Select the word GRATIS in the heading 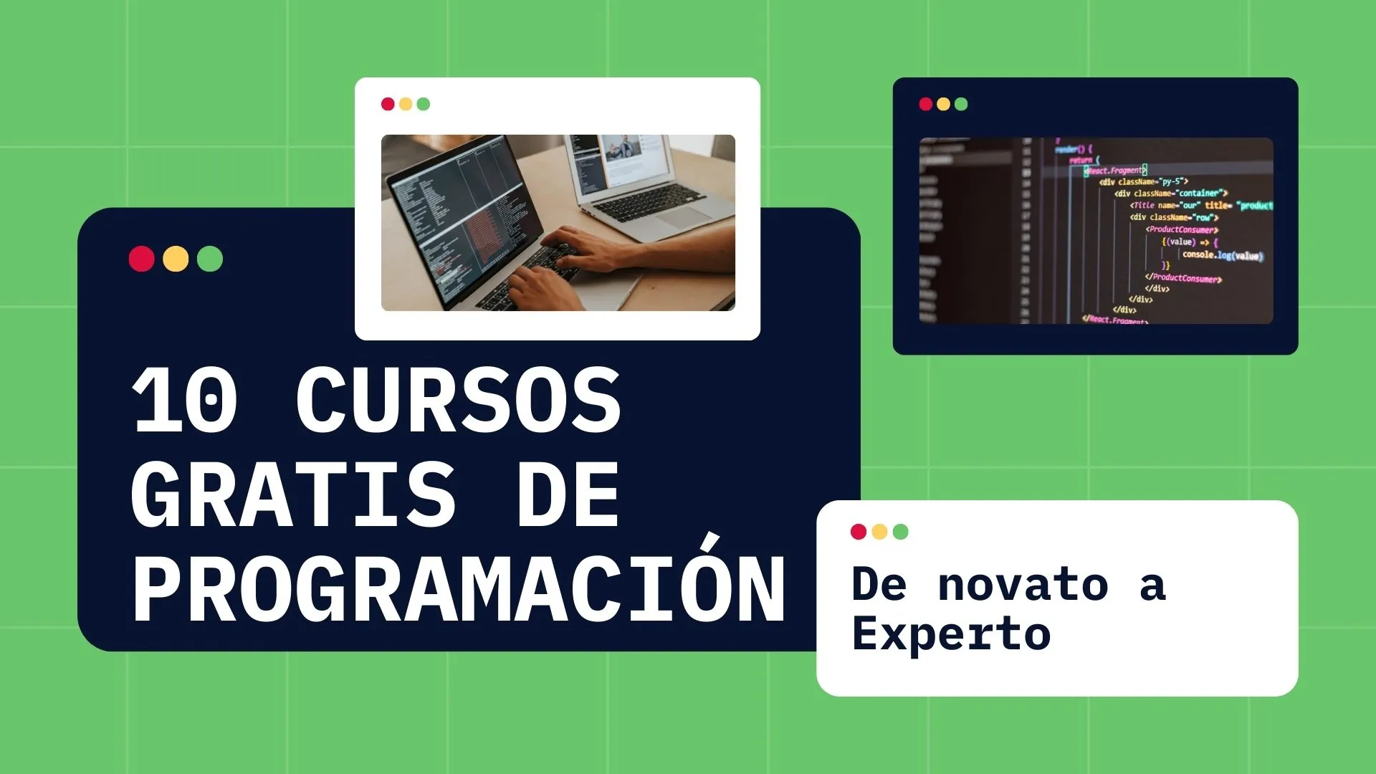pos(294,494)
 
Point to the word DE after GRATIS pos(568,494)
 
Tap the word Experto pos(951,634)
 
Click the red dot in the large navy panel pos(142,259)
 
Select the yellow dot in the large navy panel pos(176,259)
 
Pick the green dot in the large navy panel pos(210,259)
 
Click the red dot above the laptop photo pos(388,105)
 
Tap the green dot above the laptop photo pos(424,105)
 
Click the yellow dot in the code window pos(943,105)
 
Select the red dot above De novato pos(858,532)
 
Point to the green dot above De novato pos(901,532)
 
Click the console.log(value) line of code pos(1223,255)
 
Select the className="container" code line pos(1171,193)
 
